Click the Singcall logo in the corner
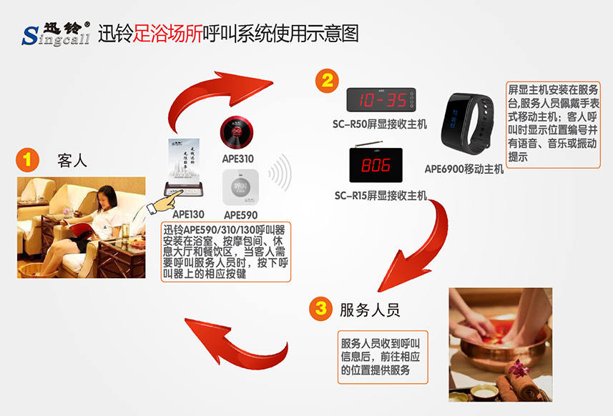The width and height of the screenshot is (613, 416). pyautogui.click(x=55, y=32)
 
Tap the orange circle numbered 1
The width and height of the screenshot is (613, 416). pyautogui.click(x=28, y=159)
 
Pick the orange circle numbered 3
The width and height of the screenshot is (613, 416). pyautogui.click(x=321, y=309)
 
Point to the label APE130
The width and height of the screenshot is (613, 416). pyautogui.click(x=189, y=213)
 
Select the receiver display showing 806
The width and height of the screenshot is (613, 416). pyautogui.click(x=376, y=167)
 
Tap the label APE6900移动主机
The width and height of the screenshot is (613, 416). pyautogui.click(x=464, y=169)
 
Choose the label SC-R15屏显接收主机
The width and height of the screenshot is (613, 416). pyautogui.click(x=381, y=194)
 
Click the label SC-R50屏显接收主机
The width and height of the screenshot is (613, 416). pyautogui.click(x=380, y=124)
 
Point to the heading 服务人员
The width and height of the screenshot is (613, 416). pyautogui.click(x=369, y=309)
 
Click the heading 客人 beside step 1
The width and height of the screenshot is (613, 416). pyautogui.click(x=72, y=161)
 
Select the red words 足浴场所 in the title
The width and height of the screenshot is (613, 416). pyautogui.click(x=169, y=33)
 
